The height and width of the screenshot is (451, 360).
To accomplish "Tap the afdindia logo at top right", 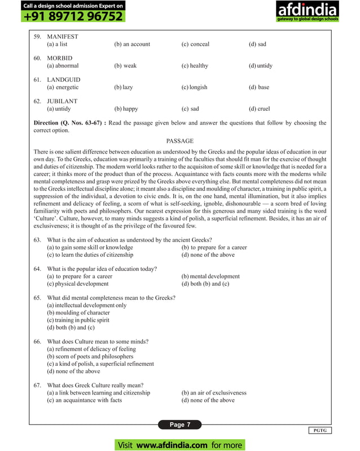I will pos(307,12).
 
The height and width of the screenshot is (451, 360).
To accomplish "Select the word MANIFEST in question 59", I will pos(63,37).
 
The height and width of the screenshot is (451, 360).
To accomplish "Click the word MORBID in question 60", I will pos(60,58).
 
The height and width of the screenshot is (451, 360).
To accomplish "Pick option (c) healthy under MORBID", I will pos(195,65).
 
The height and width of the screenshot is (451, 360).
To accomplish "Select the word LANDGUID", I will pos(63,80).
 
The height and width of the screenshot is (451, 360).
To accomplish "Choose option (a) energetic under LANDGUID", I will pos(63,87).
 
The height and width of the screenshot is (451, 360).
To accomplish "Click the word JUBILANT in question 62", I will pos(62,102).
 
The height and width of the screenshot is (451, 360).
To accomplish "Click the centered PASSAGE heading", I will pos(180,141).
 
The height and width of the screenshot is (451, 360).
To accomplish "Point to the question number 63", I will pos(38,240).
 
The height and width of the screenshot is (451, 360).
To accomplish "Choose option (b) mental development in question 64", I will pos(210,277).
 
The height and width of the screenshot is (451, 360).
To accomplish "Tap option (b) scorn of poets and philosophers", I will pos(90,357).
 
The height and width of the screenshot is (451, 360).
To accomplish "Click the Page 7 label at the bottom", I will pos(181,424).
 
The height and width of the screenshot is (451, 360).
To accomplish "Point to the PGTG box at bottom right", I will pos(320,431).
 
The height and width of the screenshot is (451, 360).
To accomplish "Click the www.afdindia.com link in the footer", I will pos(172,445).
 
